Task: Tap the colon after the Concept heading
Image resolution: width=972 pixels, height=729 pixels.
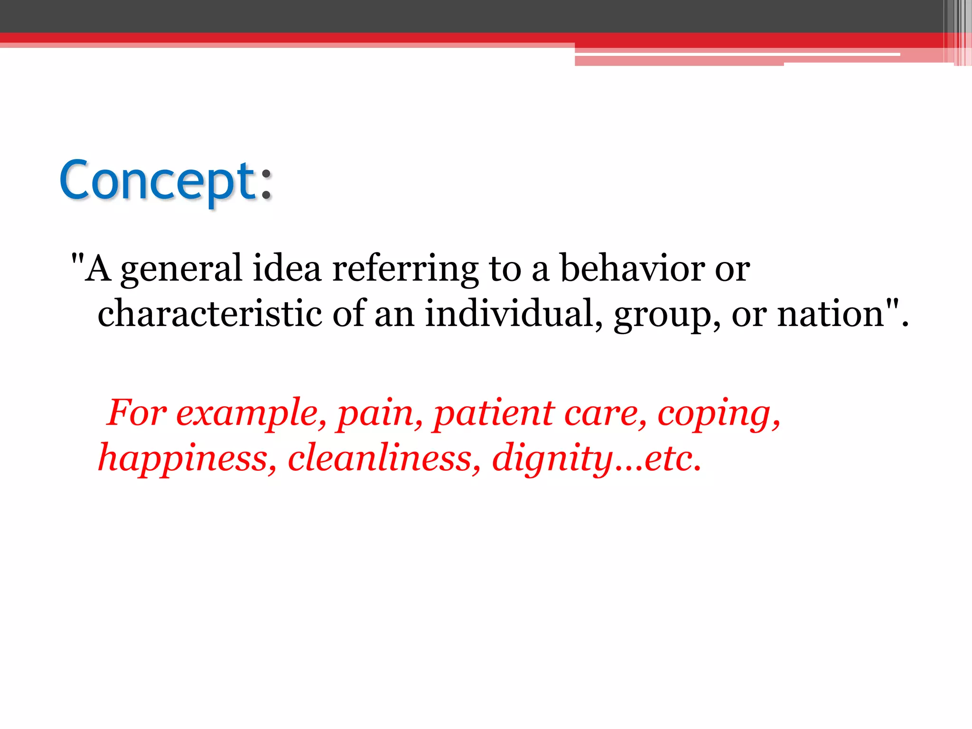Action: [x=266, y=183]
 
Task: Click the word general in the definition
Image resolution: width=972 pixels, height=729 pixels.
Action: [x=181, y=270]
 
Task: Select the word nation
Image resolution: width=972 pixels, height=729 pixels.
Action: [x=831, y=314]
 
